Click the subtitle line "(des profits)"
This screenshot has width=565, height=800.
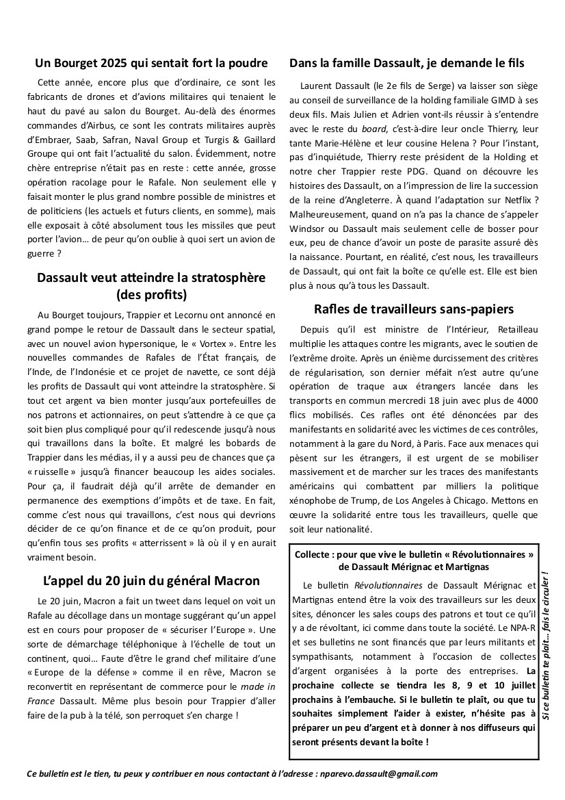[x=152, y=296]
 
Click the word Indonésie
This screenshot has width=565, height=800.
[x=98, y=370]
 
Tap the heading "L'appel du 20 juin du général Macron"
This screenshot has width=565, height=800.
[x=151, y=581]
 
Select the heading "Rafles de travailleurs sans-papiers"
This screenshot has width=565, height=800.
[x=414, y=309]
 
